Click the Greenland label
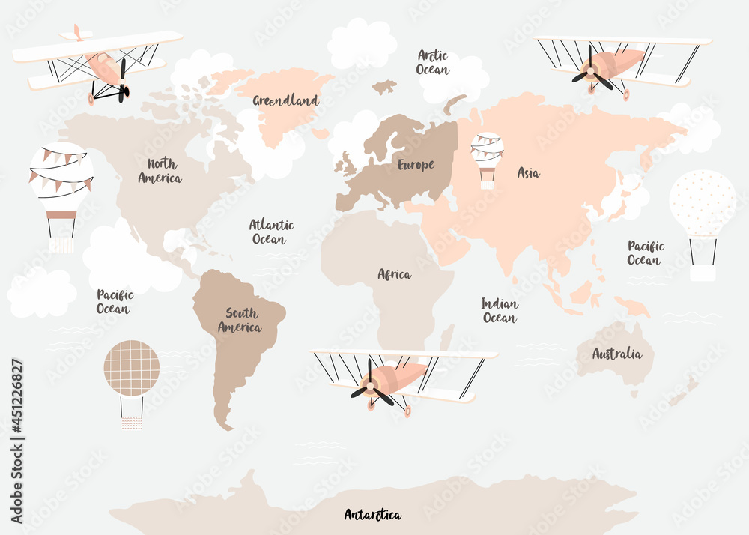[285, 100]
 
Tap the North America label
[160, 171]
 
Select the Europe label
[416, 165]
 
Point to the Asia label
[528, 173]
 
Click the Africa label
[394, 274]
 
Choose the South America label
[240, 320]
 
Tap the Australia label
[616, 354]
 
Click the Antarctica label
[372, 515]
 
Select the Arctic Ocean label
[433, 62]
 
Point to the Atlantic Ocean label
[271, 232]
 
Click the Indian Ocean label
[500, 311]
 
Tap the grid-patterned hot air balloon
[131, 369]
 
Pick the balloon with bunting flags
[61, 180]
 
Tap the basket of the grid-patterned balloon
[132, 423]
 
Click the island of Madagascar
[446, 337]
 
